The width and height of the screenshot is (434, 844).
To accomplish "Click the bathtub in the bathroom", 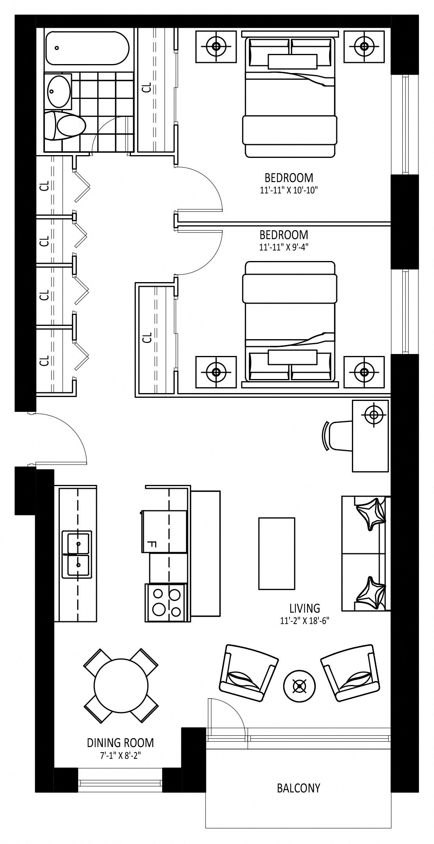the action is click(x=87, y=48).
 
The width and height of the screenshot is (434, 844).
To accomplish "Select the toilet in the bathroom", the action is click(x=65, y=126).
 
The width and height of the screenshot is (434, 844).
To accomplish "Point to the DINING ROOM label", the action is click(x=120, y=742).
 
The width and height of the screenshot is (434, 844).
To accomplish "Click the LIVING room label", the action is click(x=305, y=608).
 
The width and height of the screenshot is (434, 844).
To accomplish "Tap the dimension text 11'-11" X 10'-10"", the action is click(x=289, y=190).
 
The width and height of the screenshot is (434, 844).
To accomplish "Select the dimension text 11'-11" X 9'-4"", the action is click(x=284, y=247).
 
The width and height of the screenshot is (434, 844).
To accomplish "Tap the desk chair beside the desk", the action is click(x=338, y=436).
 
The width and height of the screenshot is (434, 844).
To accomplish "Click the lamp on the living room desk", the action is click(x=374, y=415).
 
